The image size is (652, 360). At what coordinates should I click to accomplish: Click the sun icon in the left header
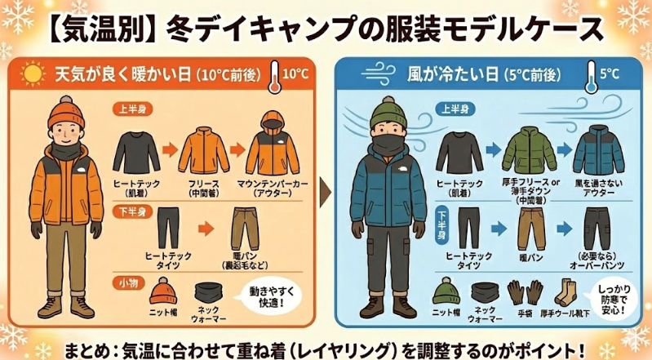[33, 76]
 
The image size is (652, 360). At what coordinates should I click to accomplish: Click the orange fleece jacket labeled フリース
[203, 151]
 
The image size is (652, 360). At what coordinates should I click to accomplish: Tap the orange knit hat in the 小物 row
[162, 291]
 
